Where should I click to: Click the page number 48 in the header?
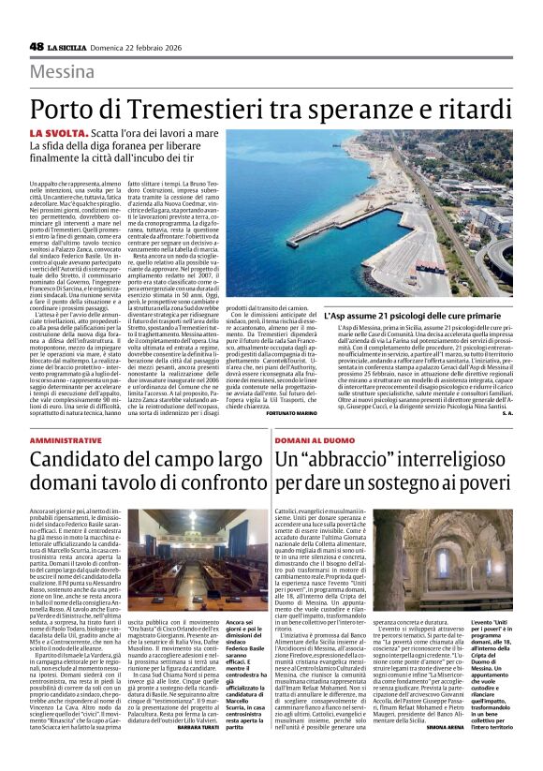coord(38,47)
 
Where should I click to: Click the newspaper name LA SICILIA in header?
coord(81,47)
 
